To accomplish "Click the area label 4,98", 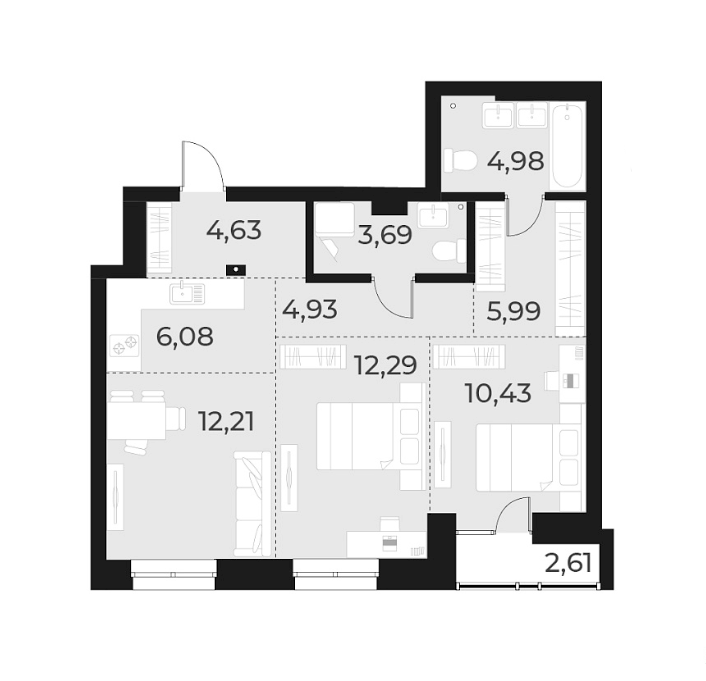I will click(516, 160).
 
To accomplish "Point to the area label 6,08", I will click(184, 336).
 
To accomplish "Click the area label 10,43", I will click(497, 391).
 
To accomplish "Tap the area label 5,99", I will click(512, 311).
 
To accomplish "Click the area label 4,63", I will click(233, 231).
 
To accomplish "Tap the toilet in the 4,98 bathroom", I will click(463, 160).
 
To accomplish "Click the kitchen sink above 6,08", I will click(187, 294).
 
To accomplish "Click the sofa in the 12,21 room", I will click(252, 503).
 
